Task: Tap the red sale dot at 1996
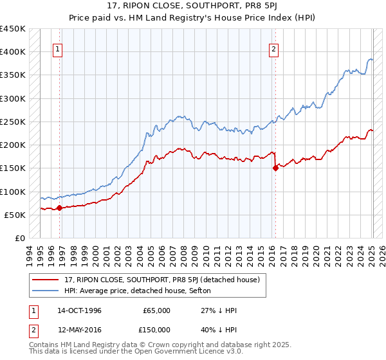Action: pos(59,208)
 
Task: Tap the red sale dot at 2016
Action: pos(275,168)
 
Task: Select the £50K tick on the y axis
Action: pos(15,215)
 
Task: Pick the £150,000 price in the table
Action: pos(156,329)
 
